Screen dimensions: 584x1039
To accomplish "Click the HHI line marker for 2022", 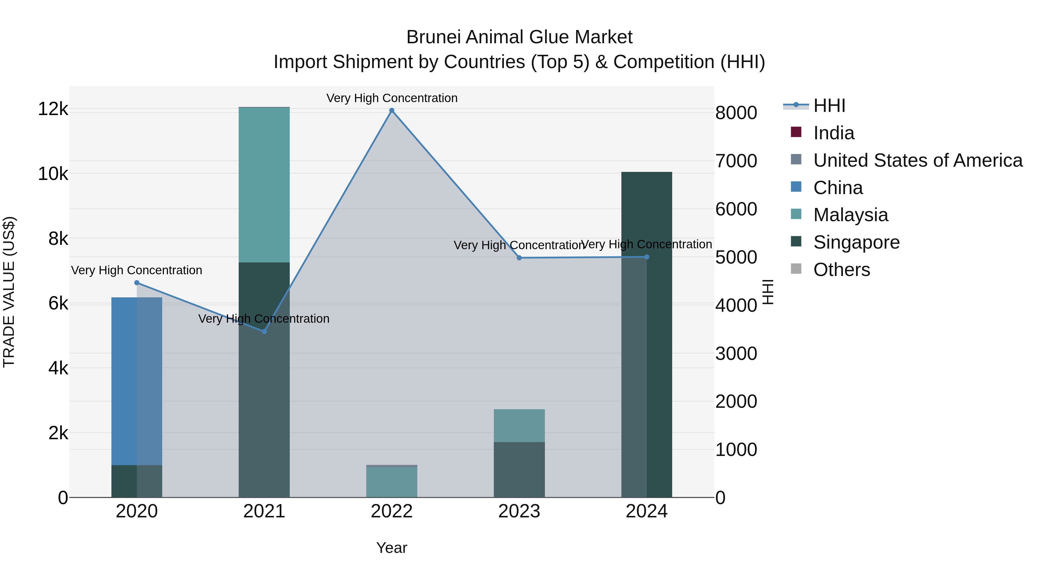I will [392, 110].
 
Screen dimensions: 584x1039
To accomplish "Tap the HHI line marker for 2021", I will [264, 332].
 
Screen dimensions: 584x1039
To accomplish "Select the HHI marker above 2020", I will [137, 283].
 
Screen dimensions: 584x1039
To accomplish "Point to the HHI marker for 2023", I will [519, 258].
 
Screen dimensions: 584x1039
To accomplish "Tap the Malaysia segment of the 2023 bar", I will [519, 426].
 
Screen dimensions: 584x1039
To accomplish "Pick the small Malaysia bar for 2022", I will [392, 482].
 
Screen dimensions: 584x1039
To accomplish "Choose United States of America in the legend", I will [917, 160].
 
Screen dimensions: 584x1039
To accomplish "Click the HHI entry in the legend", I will [829, 106].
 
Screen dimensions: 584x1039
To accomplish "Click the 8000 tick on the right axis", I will [736, 113].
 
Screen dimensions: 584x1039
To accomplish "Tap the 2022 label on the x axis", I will [392, 511].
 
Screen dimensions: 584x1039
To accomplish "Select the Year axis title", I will [392, 548].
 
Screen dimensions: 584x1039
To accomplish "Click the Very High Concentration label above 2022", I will [392, 98].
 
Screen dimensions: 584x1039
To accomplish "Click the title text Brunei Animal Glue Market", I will [519, 37].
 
